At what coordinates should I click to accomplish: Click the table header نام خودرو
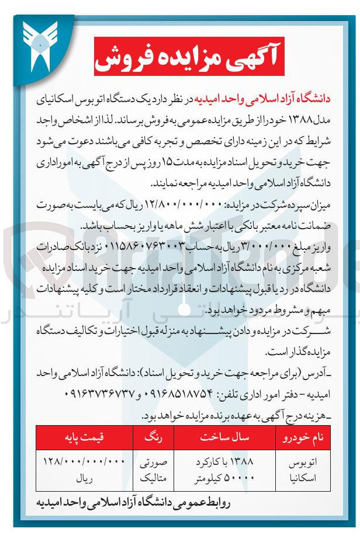point(301,437)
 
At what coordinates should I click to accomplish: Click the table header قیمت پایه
point(85,437)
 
